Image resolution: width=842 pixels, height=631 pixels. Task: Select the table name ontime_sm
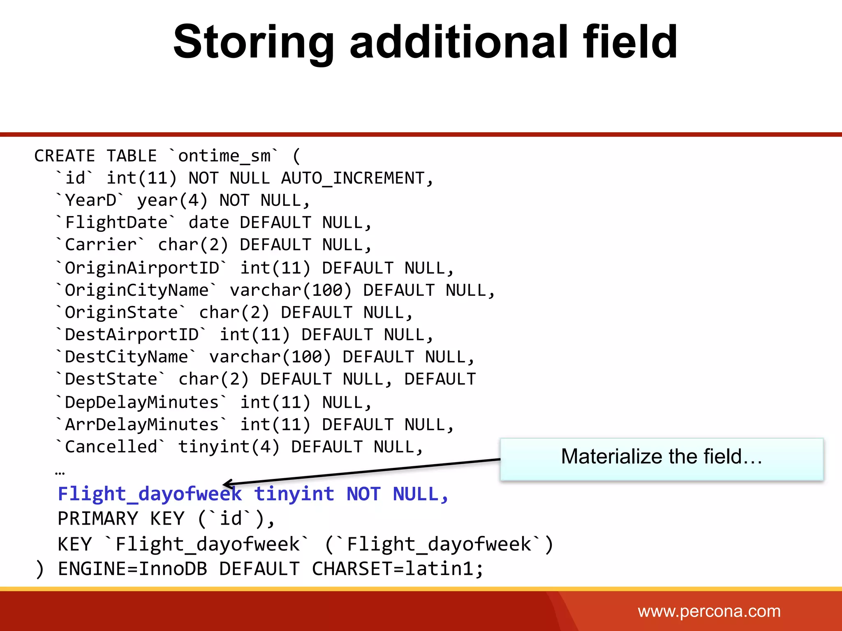coord(224,156)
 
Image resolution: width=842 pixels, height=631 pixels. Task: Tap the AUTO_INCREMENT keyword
coord(353,178)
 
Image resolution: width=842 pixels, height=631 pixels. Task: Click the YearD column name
coord(90,200)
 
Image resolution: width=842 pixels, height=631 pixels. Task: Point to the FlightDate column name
coord(116,223)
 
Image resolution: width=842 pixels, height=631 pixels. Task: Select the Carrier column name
coord(101,245)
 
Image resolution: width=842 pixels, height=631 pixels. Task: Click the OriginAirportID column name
coord(142,268)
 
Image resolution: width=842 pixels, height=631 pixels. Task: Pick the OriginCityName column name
coord(136,290)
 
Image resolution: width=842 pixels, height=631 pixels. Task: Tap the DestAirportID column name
coord(132,335)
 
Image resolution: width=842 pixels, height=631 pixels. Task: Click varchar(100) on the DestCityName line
coord(270,357)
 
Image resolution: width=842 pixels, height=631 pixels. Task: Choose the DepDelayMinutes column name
coord(142,402)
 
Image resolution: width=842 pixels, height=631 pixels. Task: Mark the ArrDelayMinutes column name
coord(142,425)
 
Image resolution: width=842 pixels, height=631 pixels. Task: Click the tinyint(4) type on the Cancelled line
coord(229,447)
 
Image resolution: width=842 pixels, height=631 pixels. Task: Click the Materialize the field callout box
coord(662,459)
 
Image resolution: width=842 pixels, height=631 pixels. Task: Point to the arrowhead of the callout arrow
coord(225,484)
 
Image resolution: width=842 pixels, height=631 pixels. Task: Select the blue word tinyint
coord(294,494)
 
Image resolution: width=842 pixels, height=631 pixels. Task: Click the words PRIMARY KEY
coord(121,518)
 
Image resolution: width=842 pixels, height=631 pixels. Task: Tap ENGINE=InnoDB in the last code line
coord(132,569)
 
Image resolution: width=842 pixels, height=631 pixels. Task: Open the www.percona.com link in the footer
coord(709,611)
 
